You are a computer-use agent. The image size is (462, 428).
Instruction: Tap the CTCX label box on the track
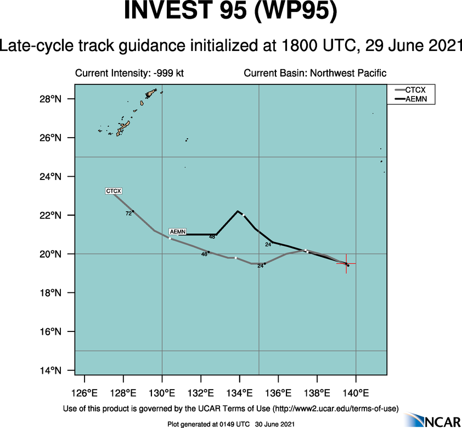tap(114, 191)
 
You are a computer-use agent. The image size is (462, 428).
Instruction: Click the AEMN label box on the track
tap(177, 231)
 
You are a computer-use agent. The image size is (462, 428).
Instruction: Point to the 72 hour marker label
tap(128, 213)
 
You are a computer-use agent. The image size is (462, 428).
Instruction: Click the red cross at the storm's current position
tap(346, 264)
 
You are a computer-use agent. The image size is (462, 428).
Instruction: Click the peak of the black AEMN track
tap(238, 211)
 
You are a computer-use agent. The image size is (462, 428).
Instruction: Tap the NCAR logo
tap(437, 420)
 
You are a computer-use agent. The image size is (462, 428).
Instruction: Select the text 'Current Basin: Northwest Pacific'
tap(315, 73)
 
